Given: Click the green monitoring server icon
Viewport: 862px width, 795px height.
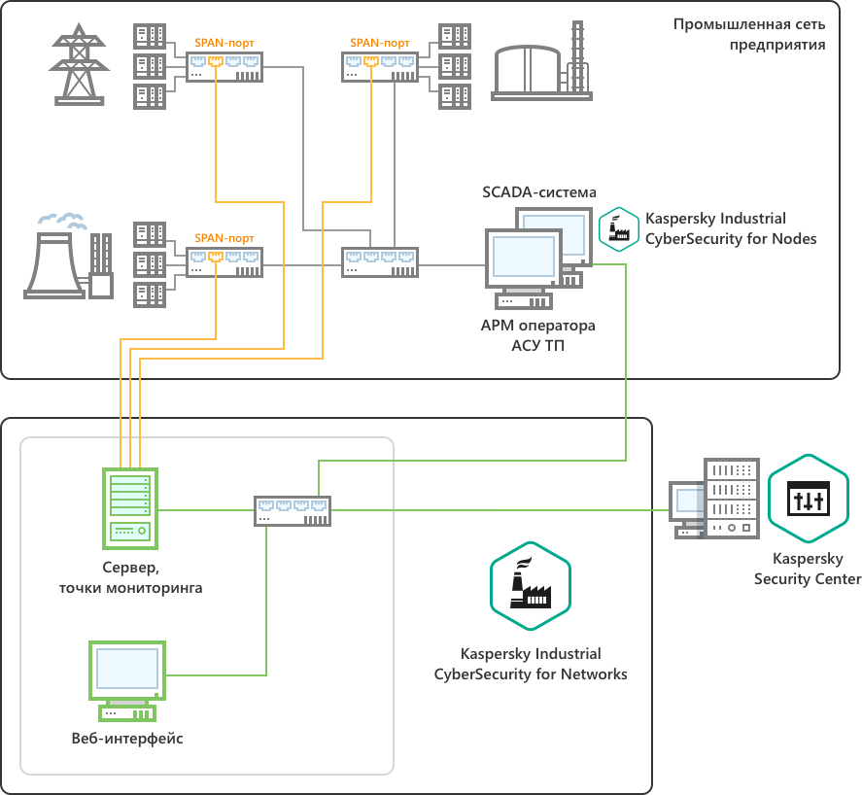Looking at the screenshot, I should (129, 507).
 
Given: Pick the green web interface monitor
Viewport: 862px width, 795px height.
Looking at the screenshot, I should (126, 678).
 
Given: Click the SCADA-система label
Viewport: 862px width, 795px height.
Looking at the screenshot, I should (539, 191).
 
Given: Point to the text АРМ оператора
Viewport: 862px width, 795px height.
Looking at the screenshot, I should (537, 325).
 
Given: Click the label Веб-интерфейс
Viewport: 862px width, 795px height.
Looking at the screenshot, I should (127, 739).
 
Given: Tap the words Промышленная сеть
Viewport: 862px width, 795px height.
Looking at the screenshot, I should (749, 23).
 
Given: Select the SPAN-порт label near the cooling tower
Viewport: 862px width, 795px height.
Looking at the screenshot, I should (224, 237).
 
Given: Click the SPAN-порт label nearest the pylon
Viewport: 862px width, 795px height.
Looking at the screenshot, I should (224, 43).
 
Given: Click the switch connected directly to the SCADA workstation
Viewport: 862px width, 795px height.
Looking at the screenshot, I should (381, 262).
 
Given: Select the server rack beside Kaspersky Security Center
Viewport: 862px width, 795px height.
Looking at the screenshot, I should (731, 498).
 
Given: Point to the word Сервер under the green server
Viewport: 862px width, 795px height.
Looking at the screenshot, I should (130, 569).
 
